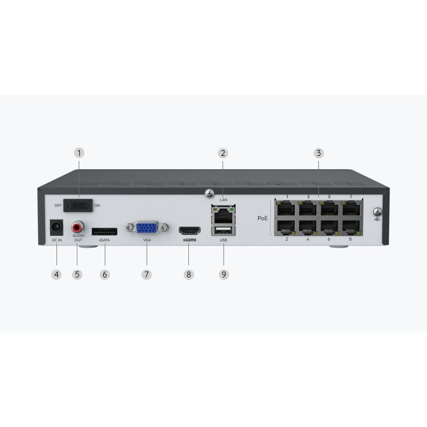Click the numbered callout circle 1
(79, 153)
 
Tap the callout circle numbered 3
(319, 153)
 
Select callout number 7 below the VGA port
(146, 274)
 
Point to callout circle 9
(224, 274)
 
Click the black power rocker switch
(78, 205)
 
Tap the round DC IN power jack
(57, 228)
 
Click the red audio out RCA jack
(77, 227)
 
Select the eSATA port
(105, 232)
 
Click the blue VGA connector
(147, 228)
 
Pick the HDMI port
(189, 231)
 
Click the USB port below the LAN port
(224, 231)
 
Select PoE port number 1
(286, 209)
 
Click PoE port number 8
(352, 227)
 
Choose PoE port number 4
(308, 227)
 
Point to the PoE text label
(263, 218)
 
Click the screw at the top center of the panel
(209, 193)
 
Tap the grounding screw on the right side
(377, 211)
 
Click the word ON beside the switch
(97, 205)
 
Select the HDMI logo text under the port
(189, 240)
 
